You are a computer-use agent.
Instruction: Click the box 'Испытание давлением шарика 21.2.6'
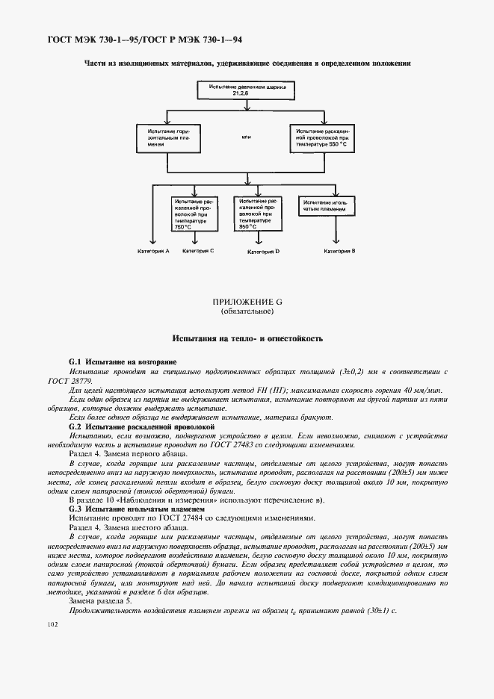[x=247, y=92]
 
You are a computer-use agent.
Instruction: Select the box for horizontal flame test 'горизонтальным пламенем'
[x=165, y=138]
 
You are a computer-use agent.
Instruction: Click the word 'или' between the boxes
[x=247, y=137]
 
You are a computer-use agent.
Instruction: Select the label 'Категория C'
[x=197, y=251]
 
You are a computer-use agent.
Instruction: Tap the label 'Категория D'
[x=263, y=252]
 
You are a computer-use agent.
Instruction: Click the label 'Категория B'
[x=339, y=252]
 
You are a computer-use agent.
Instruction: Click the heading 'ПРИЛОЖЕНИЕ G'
[x=247, y=301]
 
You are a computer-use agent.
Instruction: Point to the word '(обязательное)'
[x=247, y=311]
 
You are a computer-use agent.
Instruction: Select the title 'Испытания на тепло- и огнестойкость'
[x=247, y=338]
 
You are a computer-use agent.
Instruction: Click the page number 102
[x=52, y=624]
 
